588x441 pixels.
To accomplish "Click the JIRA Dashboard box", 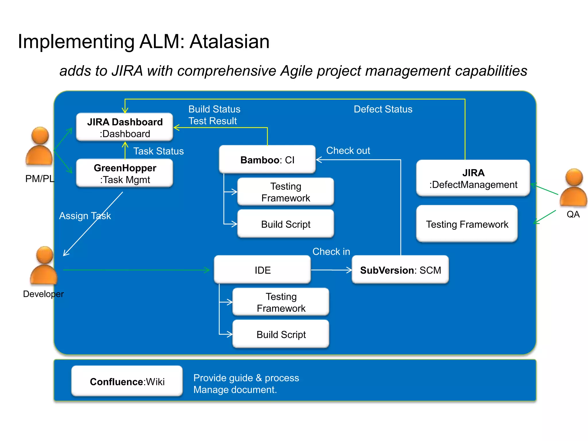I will click(x=125, y=127).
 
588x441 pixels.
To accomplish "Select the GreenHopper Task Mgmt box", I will click(x=125, y=173).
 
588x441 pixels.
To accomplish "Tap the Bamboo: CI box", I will click(x=267, y=160).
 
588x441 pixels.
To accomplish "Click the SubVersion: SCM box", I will click(x=400, y=270).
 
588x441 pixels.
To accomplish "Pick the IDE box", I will click(x=262, y=270).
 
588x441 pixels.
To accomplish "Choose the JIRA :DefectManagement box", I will click(x=473, y=178).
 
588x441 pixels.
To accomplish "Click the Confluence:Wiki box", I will click(x=127, y=381).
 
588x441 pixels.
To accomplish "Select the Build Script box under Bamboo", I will click(x=286, y=224).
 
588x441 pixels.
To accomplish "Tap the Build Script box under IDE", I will click(x=281, y=334).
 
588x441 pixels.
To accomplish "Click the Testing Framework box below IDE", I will click(x=281, y=302).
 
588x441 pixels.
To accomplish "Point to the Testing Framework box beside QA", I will click(x=467, y=224).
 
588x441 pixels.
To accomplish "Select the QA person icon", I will click(x=573, y=188).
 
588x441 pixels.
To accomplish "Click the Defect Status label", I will click(x=383, y=109).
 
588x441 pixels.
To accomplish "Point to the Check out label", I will click(x=348, y=150).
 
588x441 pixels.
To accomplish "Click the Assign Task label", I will click(x=85, y=216).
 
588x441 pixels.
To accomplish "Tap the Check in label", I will click(x=331, y=252).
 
